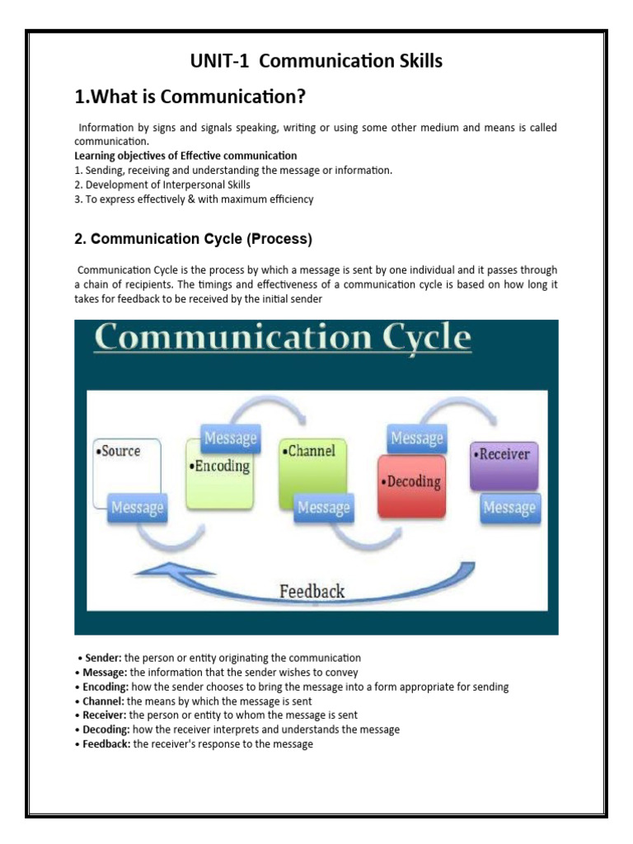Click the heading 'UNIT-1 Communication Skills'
point(316,61)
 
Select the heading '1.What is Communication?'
point(190,98)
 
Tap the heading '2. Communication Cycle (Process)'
point(193,240)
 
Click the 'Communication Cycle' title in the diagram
point(283,340)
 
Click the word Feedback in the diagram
point(312,590)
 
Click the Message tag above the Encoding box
point(230,438)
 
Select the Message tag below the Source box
point(138,508)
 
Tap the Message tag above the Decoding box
point(417,438)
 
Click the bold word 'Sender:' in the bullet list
point(101,658)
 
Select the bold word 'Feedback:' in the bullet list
point(105,744)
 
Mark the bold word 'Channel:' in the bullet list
point(103,701)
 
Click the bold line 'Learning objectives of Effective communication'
point(185,156)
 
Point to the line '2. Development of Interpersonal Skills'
point(162,185)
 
